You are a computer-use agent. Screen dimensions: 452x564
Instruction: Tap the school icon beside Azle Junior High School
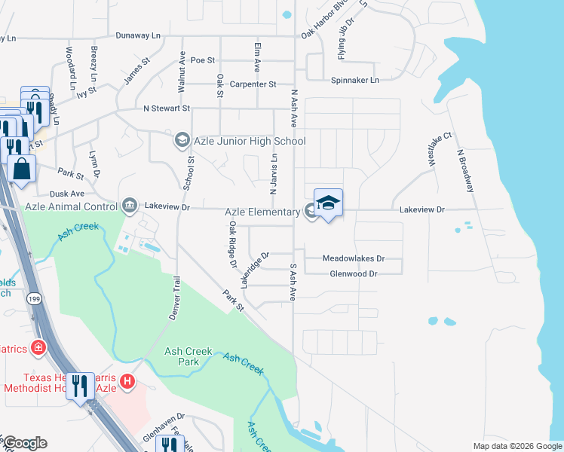tap(182, 140)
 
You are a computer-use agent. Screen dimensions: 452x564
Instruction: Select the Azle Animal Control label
tap(70, 206)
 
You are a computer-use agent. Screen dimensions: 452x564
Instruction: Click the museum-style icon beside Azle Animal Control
tap(130, 205)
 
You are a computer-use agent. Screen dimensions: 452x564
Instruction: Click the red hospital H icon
tap(127, 383)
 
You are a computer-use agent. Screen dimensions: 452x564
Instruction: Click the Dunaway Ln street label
tap(139, 35)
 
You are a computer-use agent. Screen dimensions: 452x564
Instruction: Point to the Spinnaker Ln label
tap(354, 79)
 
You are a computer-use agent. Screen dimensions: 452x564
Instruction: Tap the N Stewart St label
tap(167, 109)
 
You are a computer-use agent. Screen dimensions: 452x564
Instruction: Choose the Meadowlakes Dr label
tap(354, 258)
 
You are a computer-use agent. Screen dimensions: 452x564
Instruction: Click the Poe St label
tap(203, 60)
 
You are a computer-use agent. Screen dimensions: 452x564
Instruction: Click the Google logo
tap(25, 443)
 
